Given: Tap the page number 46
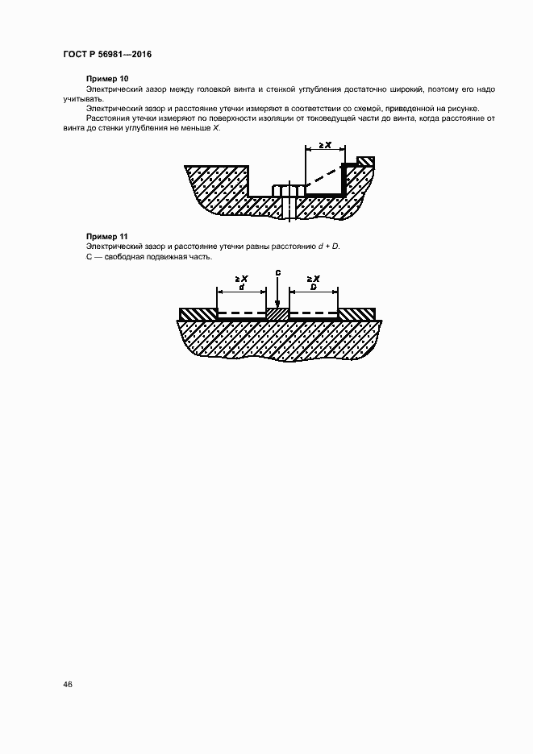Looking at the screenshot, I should pyautogui.click(x=68, y=684).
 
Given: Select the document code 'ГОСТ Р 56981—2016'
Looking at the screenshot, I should pyautogui.click(x=107, y=55).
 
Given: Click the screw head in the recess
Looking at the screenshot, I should pyautogui.click(x=288, y=190).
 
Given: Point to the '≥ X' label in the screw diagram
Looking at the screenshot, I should pyautogui.click(x=325, y=145).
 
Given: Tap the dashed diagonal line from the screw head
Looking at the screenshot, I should pyautogui.click(x=321, y=179).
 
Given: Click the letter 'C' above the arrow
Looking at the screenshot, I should pyautogui.click(x=277, y=274).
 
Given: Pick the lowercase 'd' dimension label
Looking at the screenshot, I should pyautogui.click(x=241, y=286).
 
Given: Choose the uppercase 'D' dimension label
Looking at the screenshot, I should pyautogui.click(x=313, y=286).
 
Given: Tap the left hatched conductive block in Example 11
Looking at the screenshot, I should pyautogui.click(x=198, y=313).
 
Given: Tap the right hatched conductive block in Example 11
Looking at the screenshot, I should pyautogui.click(x=356, y=313).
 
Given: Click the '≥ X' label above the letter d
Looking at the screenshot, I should pyautogui.click(x=241, y=278).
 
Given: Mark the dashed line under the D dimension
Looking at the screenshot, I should pyautogui.click(x=313, y=313).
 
